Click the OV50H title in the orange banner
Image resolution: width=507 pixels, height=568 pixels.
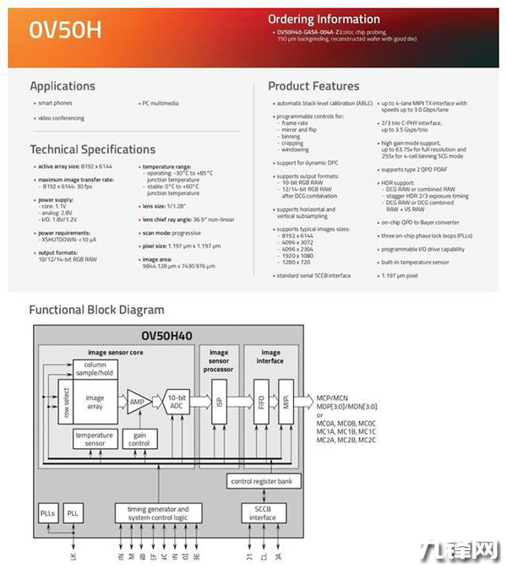[65, 30]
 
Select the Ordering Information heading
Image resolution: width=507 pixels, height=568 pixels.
[324, 19]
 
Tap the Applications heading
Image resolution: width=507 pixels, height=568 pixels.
[63, 86]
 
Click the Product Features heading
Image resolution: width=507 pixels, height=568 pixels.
[313, 86]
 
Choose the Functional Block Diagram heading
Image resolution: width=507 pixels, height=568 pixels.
[96, 310]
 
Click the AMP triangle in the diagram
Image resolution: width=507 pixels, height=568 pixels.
[137, 401]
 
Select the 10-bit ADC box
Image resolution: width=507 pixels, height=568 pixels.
[176, 402]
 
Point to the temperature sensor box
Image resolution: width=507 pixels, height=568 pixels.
[95, 440]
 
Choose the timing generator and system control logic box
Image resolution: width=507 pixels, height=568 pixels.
[159, 513]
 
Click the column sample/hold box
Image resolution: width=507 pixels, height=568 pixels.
[95, 369]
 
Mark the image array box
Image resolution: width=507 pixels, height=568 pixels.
[95, 403]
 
